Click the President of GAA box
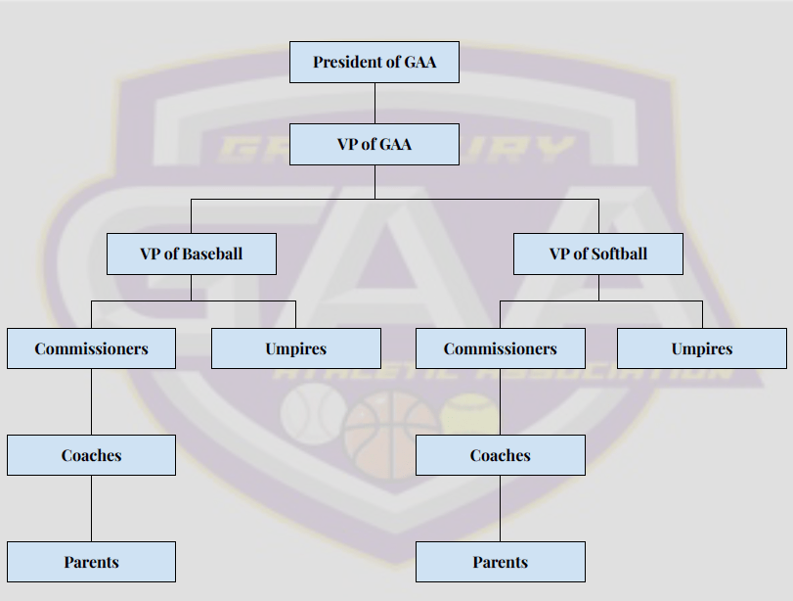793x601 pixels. pos(374,62)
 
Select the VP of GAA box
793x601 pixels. pos(374,144)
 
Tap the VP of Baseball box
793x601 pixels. pos(191,254)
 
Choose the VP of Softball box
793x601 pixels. pos(598,254)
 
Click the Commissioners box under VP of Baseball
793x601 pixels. pos(91,348)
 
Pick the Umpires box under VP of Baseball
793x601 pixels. pos(295,348)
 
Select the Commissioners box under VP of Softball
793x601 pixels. pos(500,348)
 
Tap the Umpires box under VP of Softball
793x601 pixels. pos(701,348)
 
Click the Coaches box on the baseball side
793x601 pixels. pos(91,455)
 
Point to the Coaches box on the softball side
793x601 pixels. pos(500,455)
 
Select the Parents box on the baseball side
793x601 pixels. pos(91,562)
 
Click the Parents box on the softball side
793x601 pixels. pos(500,562)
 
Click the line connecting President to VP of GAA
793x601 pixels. pos(374,103)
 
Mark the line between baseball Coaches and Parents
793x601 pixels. pos(91,508)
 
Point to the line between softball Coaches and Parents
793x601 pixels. pos(500,508)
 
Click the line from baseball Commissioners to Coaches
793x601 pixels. pos(91,401)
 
